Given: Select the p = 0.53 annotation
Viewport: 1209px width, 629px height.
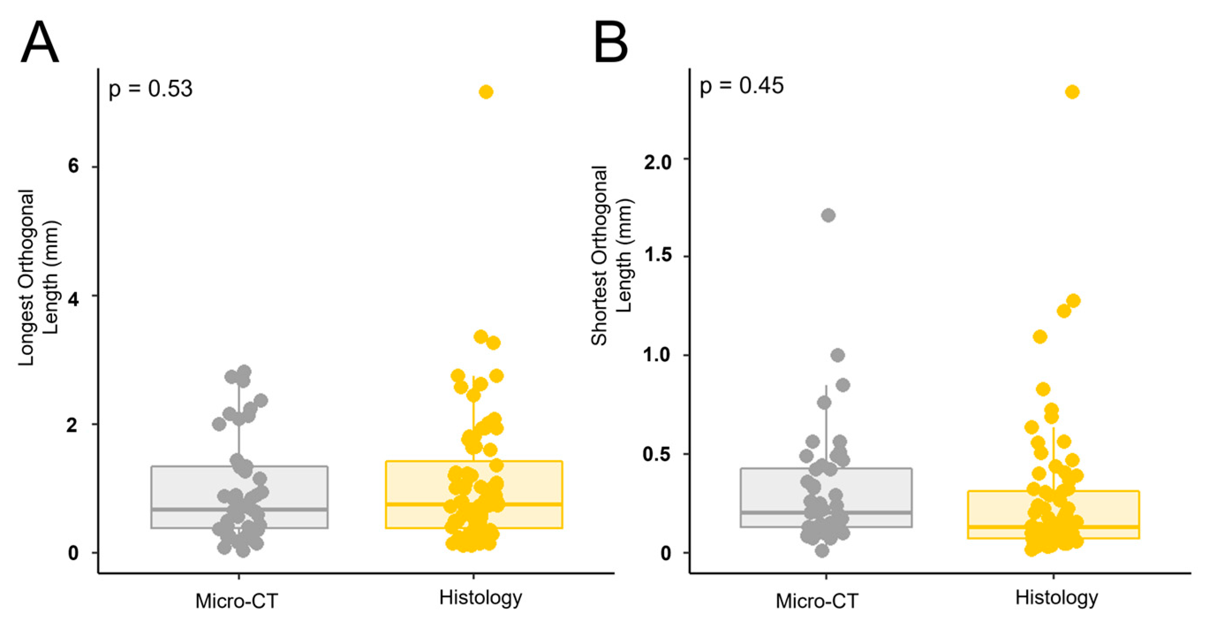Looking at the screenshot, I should (x=150, y=89).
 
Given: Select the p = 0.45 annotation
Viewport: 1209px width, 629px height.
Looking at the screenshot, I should (x=741, y=86).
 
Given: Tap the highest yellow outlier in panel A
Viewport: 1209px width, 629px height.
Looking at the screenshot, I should (x=486, y=92).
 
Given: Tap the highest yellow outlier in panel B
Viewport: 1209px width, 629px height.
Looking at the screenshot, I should (x=1073, y=92).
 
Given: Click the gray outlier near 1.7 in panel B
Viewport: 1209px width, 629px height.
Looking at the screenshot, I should (x=828, y=216).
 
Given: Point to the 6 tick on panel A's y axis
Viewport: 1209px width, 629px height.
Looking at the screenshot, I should (x=73, y=166).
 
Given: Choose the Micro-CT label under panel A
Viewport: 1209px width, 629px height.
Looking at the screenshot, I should (x=237, y=601).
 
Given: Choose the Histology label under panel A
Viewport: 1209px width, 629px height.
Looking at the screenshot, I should (x=480, y=598).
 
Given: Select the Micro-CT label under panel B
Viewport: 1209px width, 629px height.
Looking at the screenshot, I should (x=817, y=601).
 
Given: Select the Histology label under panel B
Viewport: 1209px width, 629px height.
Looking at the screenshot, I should (x=1057, y=598).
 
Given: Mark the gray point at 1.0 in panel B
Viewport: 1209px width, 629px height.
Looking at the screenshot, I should (x=838, y=355).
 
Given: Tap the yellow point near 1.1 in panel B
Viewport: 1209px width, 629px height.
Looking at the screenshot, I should (x=1040, y=337).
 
